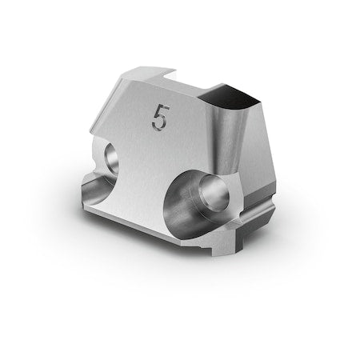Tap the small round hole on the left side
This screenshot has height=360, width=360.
(x=112, y=158)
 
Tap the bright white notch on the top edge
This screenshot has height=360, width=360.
(x=170, y=75)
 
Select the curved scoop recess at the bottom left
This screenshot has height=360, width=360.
(x=98, y=189)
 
